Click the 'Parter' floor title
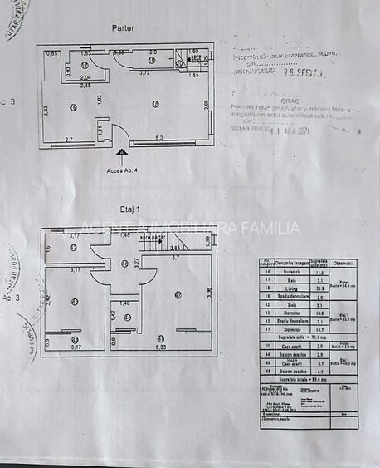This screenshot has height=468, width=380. (x=123, y=27)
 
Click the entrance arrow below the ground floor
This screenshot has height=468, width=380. (x=123, y=154)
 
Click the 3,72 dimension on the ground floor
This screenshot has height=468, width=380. (x=144, y=73)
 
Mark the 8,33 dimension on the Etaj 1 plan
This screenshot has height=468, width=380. (x=160, y=347)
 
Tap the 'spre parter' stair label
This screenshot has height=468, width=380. (x=152, y=237)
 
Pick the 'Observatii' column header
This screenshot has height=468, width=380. (x=343, y=263)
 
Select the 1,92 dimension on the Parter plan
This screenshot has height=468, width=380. (x=99, y=99)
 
